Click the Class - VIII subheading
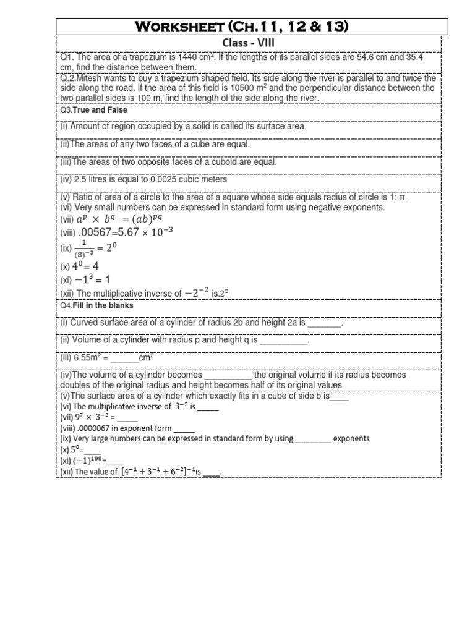point(251,43)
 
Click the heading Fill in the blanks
point(103,305)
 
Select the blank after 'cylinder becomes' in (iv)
point(228,375)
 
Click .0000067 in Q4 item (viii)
point(96,428)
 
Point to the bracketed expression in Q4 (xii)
point(159,472)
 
